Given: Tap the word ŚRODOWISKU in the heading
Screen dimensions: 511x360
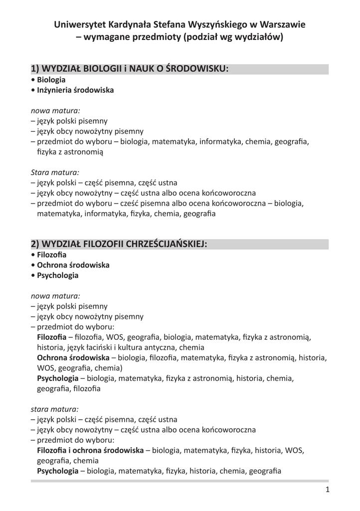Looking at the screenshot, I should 196,69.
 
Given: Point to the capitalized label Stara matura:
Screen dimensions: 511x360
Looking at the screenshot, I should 51,172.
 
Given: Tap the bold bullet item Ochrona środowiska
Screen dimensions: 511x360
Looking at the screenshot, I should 73,265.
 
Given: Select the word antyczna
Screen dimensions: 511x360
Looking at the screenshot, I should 157,347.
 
